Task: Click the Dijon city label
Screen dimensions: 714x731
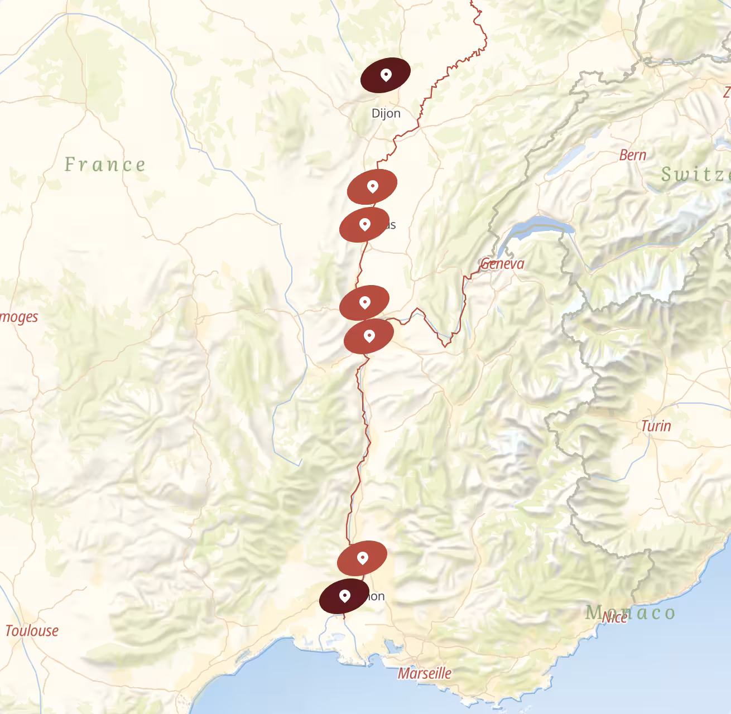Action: pos(386,113)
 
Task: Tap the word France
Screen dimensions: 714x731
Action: pos(105,165)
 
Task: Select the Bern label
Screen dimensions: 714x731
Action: pos(633,155)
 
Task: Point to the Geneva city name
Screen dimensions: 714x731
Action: pos(502,263)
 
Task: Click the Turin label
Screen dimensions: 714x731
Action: pos(656,426)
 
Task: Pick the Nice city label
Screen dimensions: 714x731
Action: pos(614,617)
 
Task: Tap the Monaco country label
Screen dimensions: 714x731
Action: pos(631,612)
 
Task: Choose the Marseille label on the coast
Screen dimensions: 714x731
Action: pos(424,673)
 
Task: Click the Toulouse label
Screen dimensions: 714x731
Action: pos(32,631)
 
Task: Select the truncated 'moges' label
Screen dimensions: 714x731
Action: pos(19,317)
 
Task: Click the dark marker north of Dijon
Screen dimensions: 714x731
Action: pos(386,75)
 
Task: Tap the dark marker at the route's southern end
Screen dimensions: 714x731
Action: pos(344,596)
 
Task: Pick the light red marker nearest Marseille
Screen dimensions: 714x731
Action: pos(362,558)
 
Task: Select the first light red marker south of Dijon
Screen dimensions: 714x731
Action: pos(372,186)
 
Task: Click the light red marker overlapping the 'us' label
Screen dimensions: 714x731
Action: pos(364,224)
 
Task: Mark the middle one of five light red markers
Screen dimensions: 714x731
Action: pos(364,302)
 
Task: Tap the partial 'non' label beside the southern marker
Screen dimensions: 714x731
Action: pos(376,596)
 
